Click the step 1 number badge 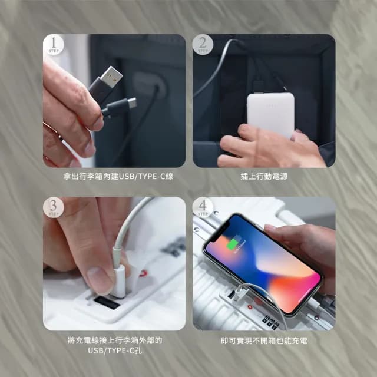point(54,44)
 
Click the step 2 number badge point(203,44)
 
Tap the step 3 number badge point(54,207)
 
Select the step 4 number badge point(203,207)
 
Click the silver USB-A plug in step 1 point(110,77)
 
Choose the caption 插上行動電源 point(263,176)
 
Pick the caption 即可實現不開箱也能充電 point(263,340)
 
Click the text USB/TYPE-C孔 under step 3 point(114,351)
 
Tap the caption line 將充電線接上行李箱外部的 point(114,340)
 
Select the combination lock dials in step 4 point(271,321)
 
